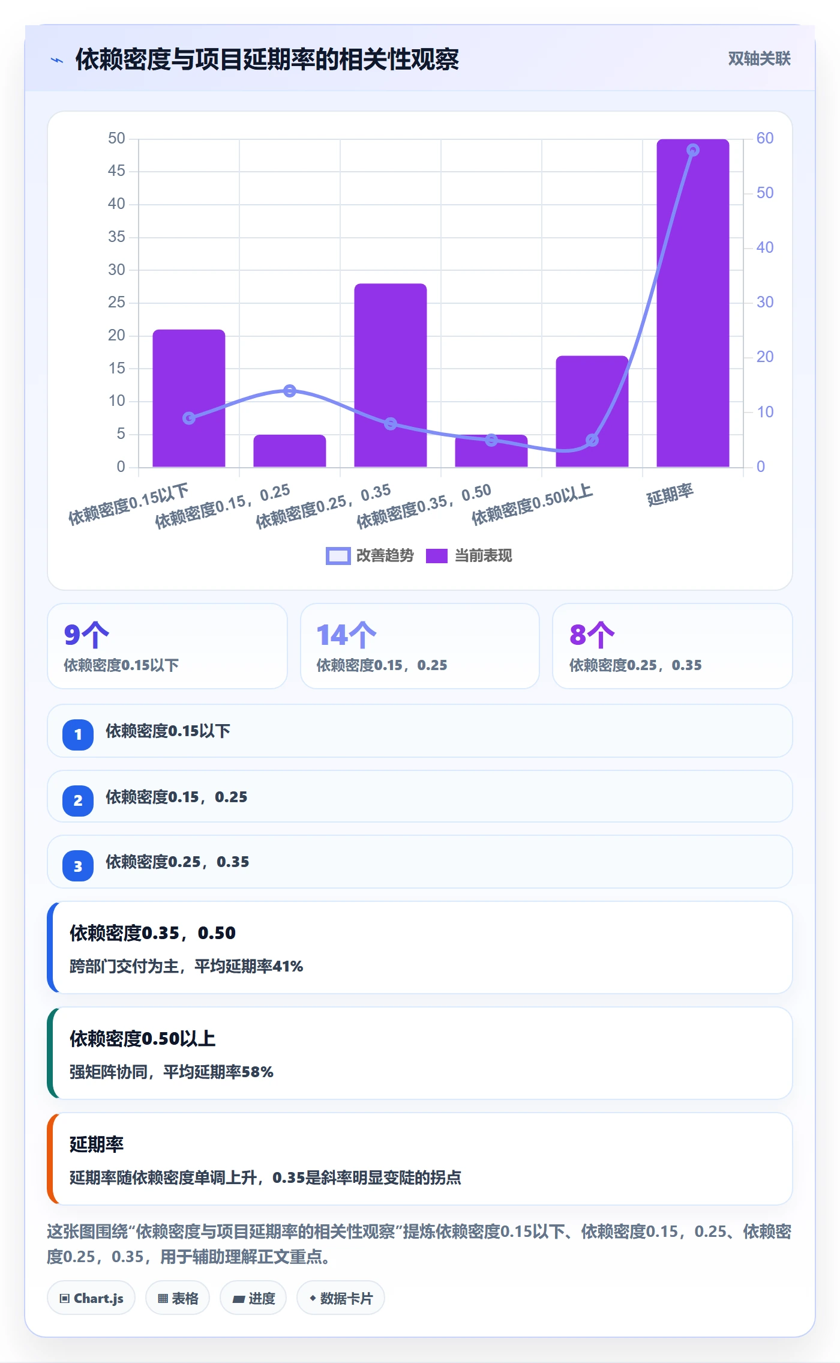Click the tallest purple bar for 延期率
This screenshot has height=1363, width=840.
692,303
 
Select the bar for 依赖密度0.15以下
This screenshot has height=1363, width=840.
189,398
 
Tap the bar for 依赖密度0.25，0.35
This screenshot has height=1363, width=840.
391,375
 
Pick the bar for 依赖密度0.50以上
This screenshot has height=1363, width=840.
592,411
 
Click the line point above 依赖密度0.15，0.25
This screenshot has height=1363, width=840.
290,391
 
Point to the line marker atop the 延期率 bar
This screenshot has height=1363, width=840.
692,150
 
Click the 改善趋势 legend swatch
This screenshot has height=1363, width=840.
338,556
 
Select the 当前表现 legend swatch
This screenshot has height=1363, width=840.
437,556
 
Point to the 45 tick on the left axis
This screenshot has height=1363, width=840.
116,171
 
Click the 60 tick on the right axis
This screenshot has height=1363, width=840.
765,139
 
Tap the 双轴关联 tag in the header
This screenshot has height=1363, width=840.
759,58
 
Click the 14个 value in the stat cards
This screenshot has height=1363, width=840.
346,635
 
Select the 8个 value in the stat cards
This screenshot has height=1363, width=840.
592,635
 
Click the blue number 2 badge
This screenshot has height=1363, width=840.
78,800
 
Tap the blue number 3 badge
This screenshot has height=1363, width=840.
78,866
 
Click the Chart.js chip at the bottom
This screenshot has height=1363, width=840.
91,1298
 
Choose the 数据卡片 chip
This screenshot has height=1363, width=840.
341,1298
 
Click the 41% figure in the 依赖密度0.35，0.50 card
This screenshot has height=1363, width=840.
288,966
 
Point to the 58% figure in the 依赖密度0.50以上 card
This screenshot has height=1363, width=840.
257,1072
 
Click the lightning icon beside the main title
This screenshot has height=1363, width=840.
57,60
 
